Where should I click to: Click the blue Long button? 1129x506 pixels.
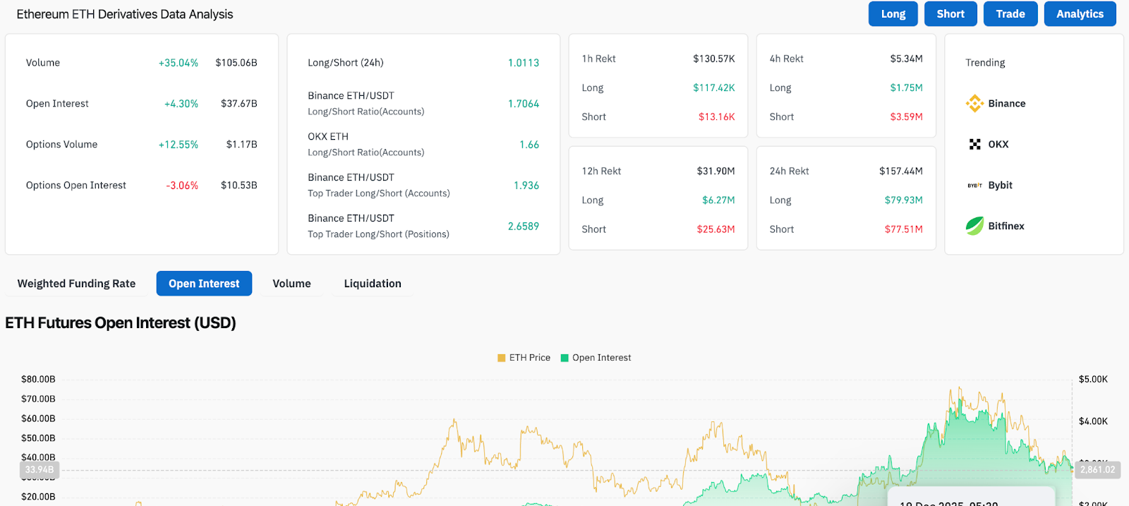(893, 14)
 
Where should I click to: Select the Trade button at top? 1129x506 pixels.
(1010, 14)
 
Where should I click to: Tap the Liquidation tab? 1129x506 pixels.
(372, 284)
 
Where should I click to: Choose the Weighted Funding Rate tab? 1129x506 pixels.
(76, 284)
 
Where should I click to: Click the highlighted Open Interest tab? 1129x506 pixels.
(204, 284)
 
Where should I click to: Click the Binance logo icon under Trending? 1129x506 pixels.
(974, 104)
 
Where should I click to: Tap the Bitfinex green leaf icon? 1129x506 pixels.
(974, 226)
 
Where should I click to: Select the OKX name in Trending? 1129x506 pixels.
(998, 145)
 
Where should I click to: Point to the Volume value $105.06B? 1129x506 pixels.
(236, 63)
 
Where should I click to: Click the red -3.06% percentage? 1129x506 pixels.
(182, 186)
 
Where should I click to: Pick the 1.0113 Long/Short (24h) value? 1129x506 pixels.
(523, 63)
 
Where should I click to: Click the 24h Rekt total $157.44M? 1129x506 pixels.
(900, 171)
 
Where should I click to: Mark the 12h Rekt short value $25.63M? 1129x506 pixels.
(716, 229)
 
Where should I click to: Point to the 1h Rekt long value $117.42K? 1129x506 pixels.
(713, 88)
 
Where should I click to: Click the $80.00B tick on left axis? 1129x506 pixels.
(38, 380)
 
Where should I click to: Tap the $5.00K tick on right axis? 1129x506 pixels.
(1093, 380)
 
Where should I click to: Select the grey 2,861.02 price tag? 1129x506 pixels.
(1097, 470)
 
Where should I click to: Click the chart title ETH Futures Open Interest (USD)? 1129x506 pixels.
(121, 323)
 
